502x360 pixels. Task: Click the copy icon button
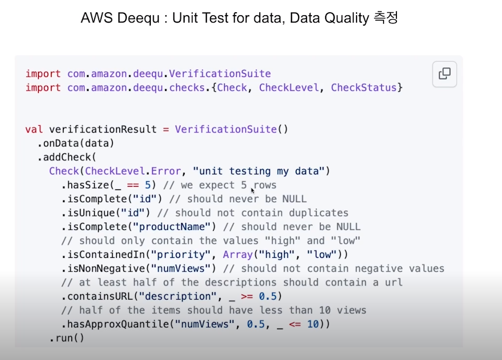point(445,74)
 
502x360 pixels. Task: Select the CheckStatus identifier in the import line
point(364,88)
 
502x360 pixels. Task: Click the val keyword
point(34,130)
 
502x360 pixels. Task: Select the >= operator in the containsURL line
point(247,297)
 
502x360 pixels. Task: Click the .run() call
point(67,338)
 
